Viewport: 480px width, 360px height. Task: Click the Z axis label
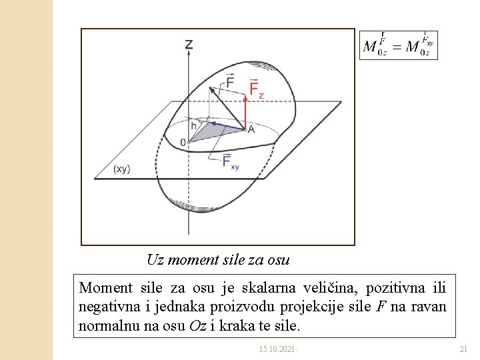point(189,45)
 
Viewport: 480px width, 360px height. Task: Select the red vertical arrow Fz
point(245,110)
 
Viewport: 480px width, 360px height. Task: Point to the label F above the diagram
point(229,81)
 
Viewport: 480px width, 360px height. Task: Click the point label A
point(251,129)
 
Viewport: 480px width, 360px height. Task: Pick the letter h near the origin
point(193,125)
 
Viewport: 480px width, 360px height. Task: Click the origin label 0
point(183,142)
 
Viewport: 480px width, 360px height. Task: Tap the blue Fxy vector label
point(230,161)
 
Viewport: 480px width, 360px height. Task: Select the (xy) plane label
point(121,169)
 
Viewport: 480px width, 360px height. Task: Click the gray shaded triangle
point(213,132)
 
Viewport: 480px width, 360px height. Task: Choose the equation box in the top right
point(399,45)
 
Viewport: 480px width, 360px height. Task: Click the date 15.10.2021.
point(279,349)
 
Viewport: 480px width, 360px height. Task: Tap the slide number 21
point(464,349)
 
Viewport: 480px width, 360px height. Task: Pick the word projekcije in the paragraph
point(313,307)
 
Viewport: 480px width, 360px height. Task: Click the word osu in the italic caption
point(278,259)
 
